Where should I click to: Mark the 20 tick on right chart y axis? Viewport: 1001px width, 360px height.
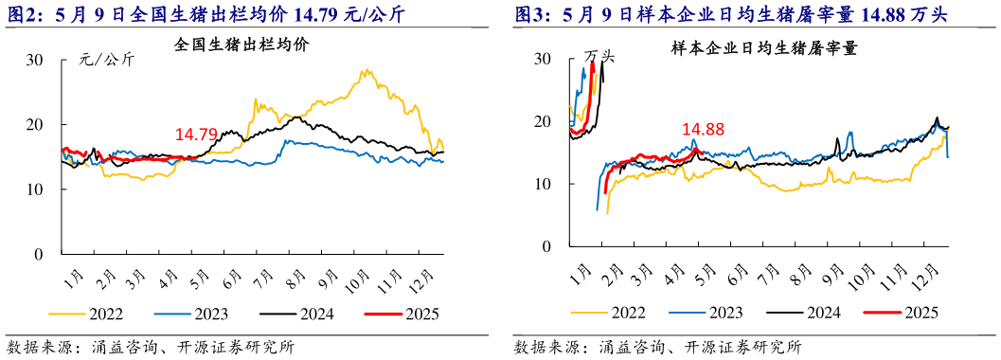[x=542, y=121]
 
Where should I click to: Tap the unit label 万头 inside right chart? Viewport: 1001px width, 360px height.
[x=599, y=56]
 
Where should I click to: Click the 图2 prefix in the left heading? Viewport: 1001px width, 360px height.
[x=23, y=15]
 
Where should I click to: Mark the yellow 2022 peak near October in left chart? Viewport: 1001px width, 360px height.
[x=365, y=71]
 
